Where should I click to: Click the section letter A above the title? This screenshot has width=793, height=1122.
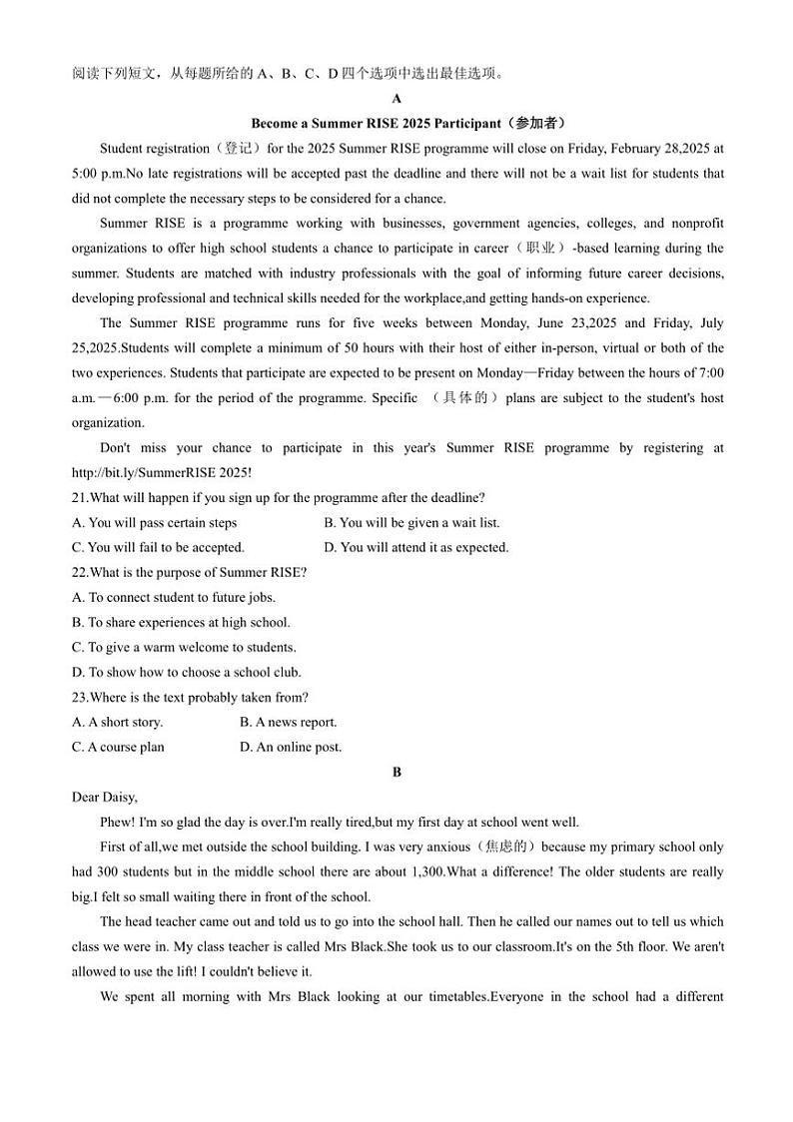[x=396, y=99]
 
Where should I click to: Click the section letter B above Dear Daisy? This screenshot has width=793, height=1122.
[x=396, y=772]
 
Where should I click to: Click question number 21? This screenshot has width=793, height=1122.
[x=81, y=497]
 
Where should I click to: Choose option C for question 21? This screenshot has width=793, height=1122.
[x=159, y=547]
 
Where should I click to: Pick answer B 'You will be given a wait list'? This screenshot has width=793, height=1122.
[x=411, y=522]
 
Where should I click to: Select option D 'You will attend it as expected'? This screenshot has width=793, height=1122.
[x=416, y=547]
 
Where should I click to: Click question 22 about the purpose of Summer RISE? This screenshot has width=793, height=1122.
[x=190, y=572]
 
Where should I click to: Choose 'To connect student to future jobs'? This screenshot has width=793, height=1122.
[x=174, y=597]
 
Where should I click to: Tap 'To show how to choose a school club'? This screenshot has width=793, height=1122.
[x=187, y=672]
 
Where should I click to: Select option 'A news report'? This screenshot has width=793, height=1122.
[x=289, y=722]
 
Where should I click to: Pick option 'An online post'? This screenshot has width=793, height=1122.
[x=291, y=747]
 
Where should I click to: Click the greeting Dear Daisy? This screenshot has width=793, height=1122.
[x=105, y=797]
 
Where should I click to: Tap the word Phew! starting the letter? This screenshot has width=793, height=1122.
[x=117, y=823]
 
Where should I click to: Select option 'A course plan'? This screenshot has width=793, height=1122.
[x=119, y=747]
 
